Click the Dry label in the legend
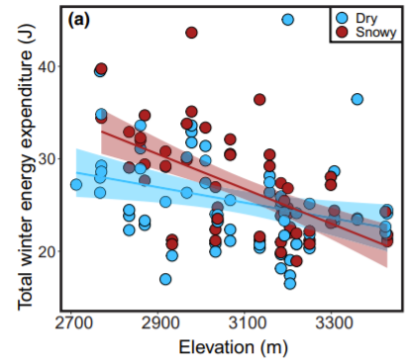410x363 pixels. click(x=365, y=18)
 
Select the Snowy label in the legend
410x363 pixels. click(x=371, y=32)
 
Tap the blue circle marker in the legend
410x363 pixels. click(x=340, y=18)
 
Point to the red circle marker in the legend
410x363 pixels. click(x=340, y=32)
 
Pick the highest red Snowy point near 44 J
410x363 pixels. click(x=191, y=33)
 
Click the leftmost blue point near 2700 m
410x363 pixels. click(x=76, y=184)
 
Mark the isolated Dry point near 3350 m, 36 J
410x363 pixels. click(x=357, y=99)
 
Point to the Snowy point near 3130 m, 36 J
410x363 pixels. click(x=259, y=100)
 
